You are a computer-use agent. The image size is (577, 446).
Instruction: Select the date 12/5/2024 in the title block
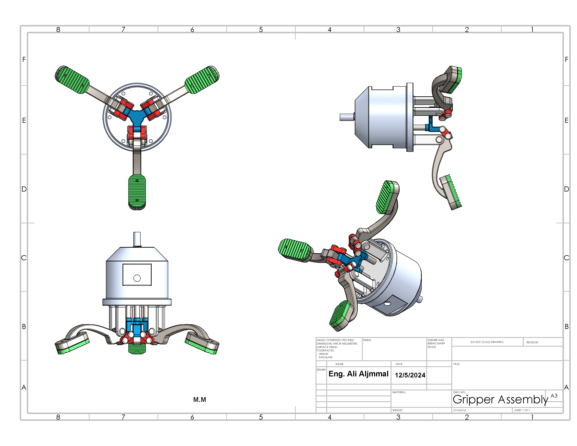(410, 375)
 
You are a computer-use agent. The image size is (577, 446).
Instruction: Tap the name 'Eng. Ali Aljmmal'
(358, 374)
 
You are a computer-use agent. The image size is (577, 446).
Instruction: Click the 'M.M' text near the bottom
(200, 400)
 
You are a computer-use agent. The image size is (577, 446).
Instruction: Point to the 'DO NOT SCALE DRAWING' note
(487, 342)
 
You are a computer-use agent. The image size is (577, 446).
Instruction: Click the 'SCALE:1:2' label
(460, 410)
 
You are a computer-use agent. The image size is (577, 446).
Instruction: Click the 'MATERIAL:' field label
(399, 392)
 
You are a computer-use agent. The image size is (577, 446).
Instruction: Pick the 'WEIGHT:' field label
(398, 410)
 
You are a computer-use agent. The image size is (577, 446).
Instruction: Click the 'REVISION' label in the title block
(532, 342)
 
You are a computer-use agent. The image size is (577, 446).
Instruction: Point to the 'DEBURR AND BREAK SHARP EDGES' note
(436, 344)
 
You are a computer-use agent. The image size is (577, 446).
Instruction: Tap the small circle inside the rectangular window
(137, 278)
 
